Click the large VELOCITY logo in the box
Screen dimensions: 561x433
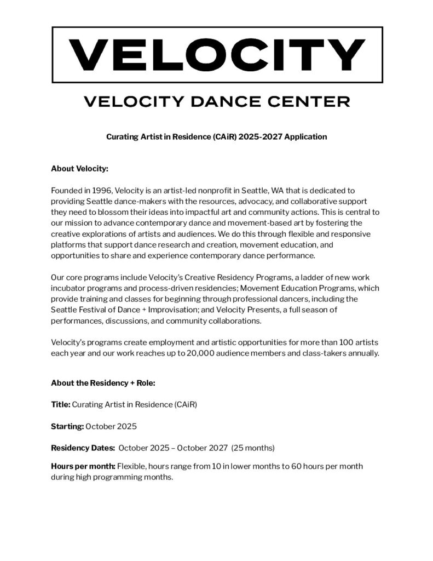point(217,54)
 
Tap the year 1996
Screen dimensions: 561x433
point(101,190)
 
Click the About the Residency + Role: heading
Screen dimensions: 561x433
point(103,383)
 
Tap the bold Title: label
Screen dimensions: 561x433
point(60,404)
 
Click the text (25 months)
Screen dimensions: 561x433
point(252,448)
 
